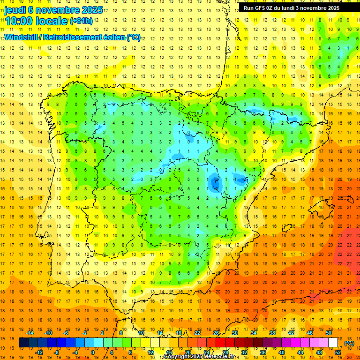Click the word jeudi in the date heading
pos(15,10)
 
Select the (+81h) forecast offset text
pos(81,21)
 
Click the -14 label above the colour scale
pos(30,333)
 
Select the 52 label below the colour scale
pos(338,352)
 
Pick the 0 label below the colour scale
pos(92,352)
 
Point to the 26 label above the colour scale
pos(216,333)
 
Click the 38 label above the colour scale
pos(272,333)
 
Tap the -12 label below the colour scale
pos(39,352)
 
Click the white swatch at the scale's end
pos(333,343)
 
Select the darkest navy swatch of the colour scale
pos(23,343)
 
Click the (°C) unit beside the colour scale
pos(349,343)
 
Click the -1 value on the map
pos(234,179)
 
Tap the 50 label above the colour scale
pos(328,333)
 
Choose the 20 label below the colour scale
pos(187,352)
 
